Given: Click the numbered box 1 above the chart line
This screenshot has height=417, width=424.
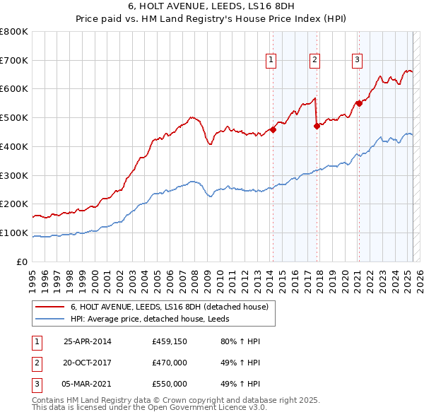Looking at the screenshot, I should pyautogui.click(x=271, y=61).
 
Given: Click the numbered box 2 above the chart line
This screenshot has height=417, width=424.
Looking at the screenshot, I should pyautogui.click(x=314, y=61).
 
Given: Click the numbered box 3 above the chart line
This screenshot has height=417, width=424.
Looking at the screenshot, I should pyautogui.click(x=358, y=61).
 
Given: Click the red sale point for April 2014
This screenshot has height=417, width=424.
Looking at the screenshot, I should pyautogui.click(x=273, y=129).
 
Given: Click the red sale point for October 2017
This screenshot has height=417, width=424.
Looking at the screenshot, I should pyautogui.click(x=317, y=127).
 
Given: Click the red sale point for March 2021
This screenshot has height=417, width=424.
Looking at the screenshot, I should pyautogui.click(x=359, y=103).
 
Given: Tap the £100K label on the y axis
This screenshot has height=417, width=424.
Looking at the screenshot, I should pyautogui.click(x=14, y=233).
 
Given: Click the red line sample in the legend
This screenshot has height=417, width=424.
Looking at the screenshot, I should pyautogui.click(x=49, y=307).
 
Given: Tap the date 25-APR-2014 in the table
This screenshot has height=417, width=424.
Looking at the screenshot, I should pyautogui.click(x=88, y=341).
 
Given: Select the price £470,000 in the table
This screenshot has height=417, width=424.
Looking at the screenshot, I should pyautogui.click(x=170, y=363).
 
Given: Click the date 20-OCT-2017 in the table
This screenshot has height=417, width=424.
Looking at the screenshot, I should pyautogui.click(x=88, y=363).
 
